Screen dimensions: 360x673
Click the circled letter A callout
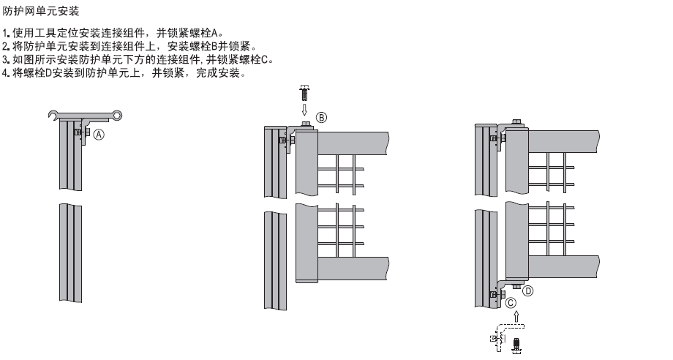(x=99, y=134)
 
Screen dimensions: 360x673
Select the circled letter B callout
(x=321, y=117)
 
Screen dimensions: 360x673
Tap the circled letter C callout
(x=511, y=301)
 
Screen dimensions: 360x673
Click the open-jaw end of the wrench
(x=51, y=114)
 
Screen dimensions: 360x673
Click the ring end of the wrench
(x=116, y=114)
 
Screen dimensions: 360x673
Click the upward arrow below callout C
(x=516, y=315)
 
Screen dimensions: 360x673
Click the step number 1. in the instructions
(x=7, y=33)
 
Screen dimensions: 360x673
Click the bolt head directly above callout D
(x=516, y=285)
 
